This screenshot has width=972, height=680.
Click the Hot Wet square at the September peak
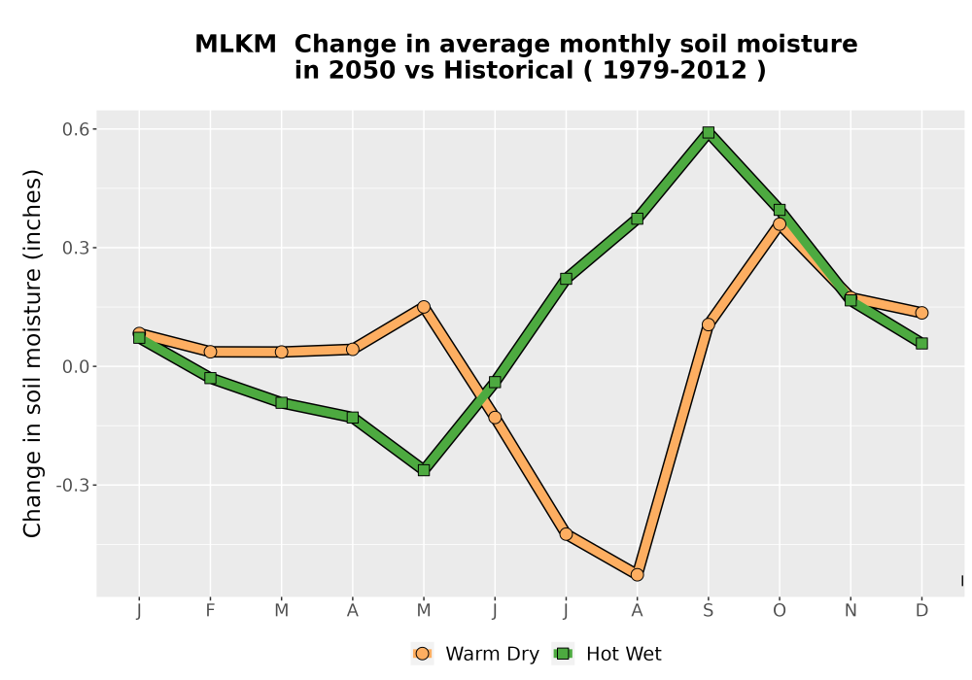pos(708,132)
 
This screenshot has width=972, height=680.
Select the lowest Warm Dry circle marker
pos(637,575)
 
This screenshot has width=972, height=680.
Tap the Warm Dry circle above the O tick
pos(780,224)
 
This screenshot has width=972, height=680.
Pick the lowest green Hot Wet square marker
pos(424,470)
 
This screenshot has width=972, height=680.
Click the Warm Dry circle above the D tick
pos(921,313)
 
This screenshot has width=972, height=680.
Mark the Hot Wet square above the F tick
pos(210,378)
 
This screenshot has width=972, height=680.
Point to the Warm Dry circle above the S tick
pos(708,324)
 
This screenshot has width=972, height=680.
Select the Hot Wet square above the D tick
pos(921,343)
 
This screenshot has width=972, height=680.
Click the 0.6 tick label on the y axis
pos(76,129)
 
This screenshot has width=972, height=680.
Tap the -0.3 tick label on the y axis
pos(73,485)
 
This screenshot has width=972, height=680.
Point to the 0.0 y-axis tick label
pos(76,366)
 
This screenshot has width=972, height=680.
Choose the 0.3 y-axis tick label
pos(76,249)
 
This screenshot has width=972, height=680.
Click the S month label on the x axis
pos(708,611)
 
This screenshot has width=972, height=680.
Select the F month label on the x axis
pos(210,611)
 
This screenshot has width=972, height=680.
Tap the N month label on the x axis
pos(850,611)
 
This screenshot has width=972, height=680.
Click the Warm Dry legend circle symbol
pos(422,654)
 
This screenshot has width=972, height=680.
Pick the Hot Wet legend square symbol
pos(563,654)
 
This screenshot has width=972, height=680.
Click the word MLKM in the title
pos(235,45)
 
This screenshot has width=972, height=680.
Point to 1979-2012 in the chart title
pos(675,71)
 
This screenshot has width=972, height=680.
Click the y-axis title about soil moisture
pos(32,353)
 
